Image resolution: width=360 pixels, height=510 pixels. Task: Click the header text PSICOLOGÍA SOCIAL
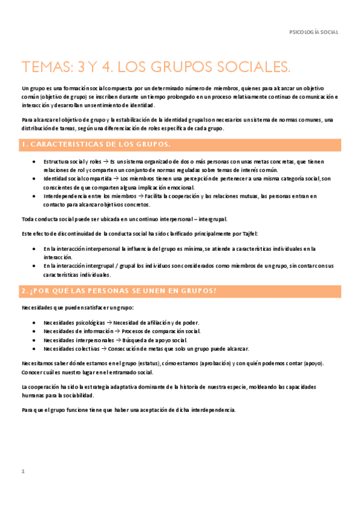pyautogui.click(x=314, y=31)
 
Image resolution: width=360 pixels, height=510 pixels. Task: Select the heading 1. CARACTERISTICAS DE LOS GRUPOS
pyautogui.click(x=96, y=145)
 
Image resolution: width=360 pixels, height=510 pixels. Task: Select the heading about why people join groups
pyautogui.click(x=118, y=291)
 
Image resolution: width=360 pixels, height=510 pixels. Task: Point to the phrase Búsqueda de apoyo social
pyautogui.click(x=157, y=340)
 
